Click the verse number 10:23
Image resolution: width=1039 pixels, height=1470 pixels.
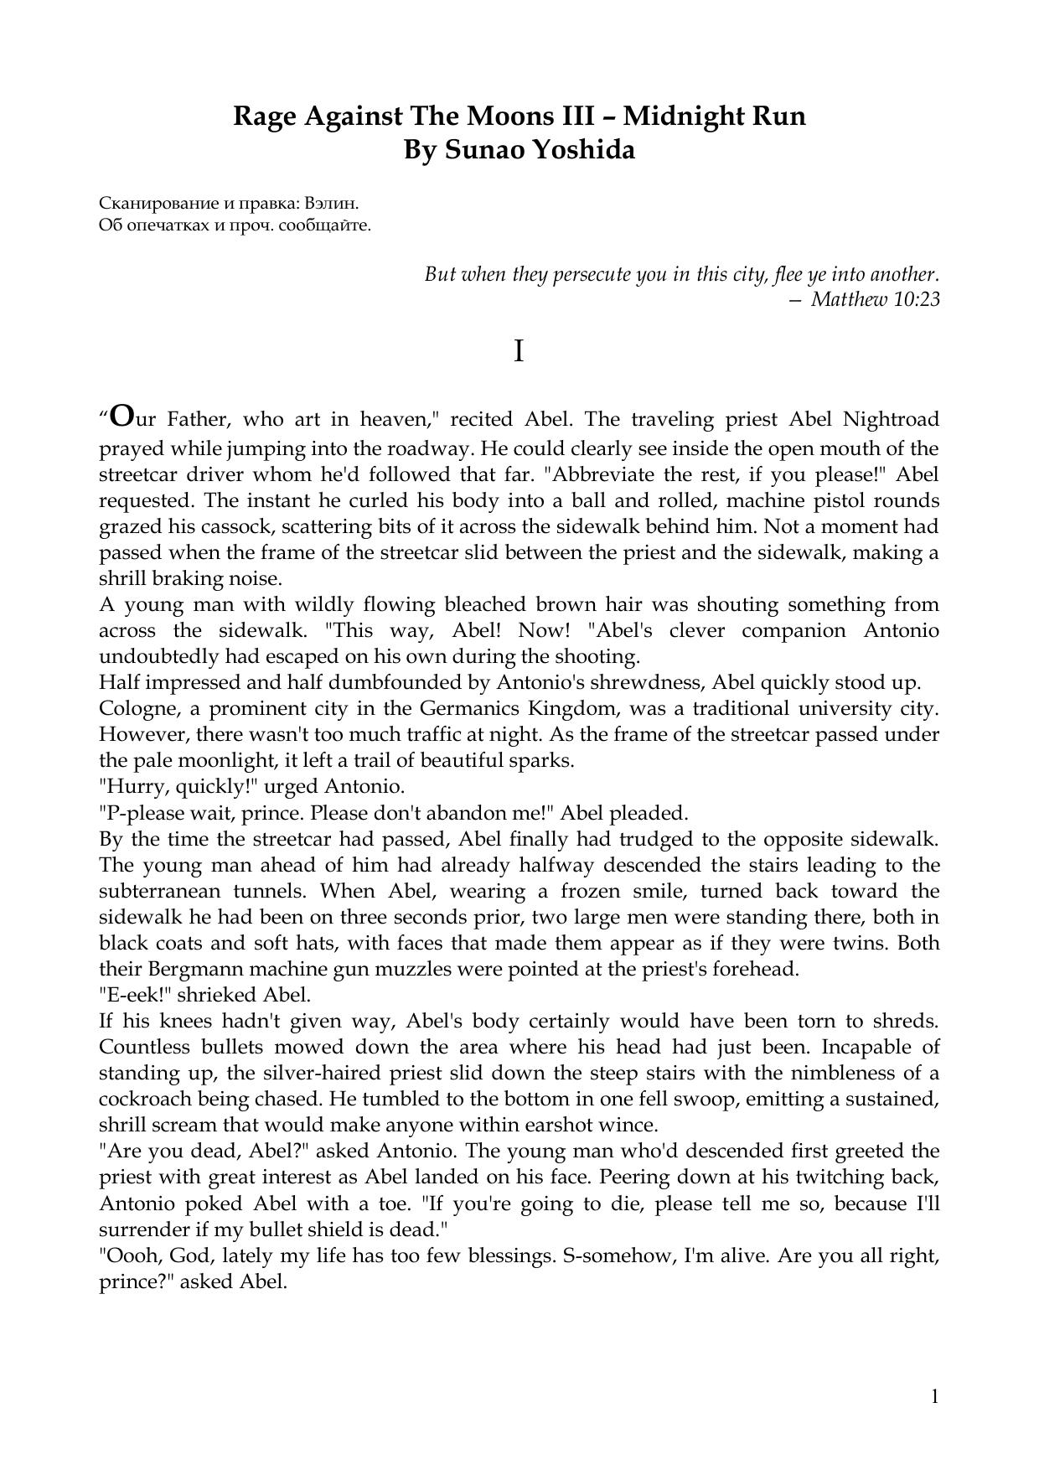tap(918, 298)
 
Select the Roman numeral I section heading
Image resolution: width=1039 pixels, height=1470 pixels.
tap(519, 352)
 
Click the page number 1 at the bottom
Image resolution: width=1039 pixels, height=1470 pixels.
tap(934, 1396)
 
